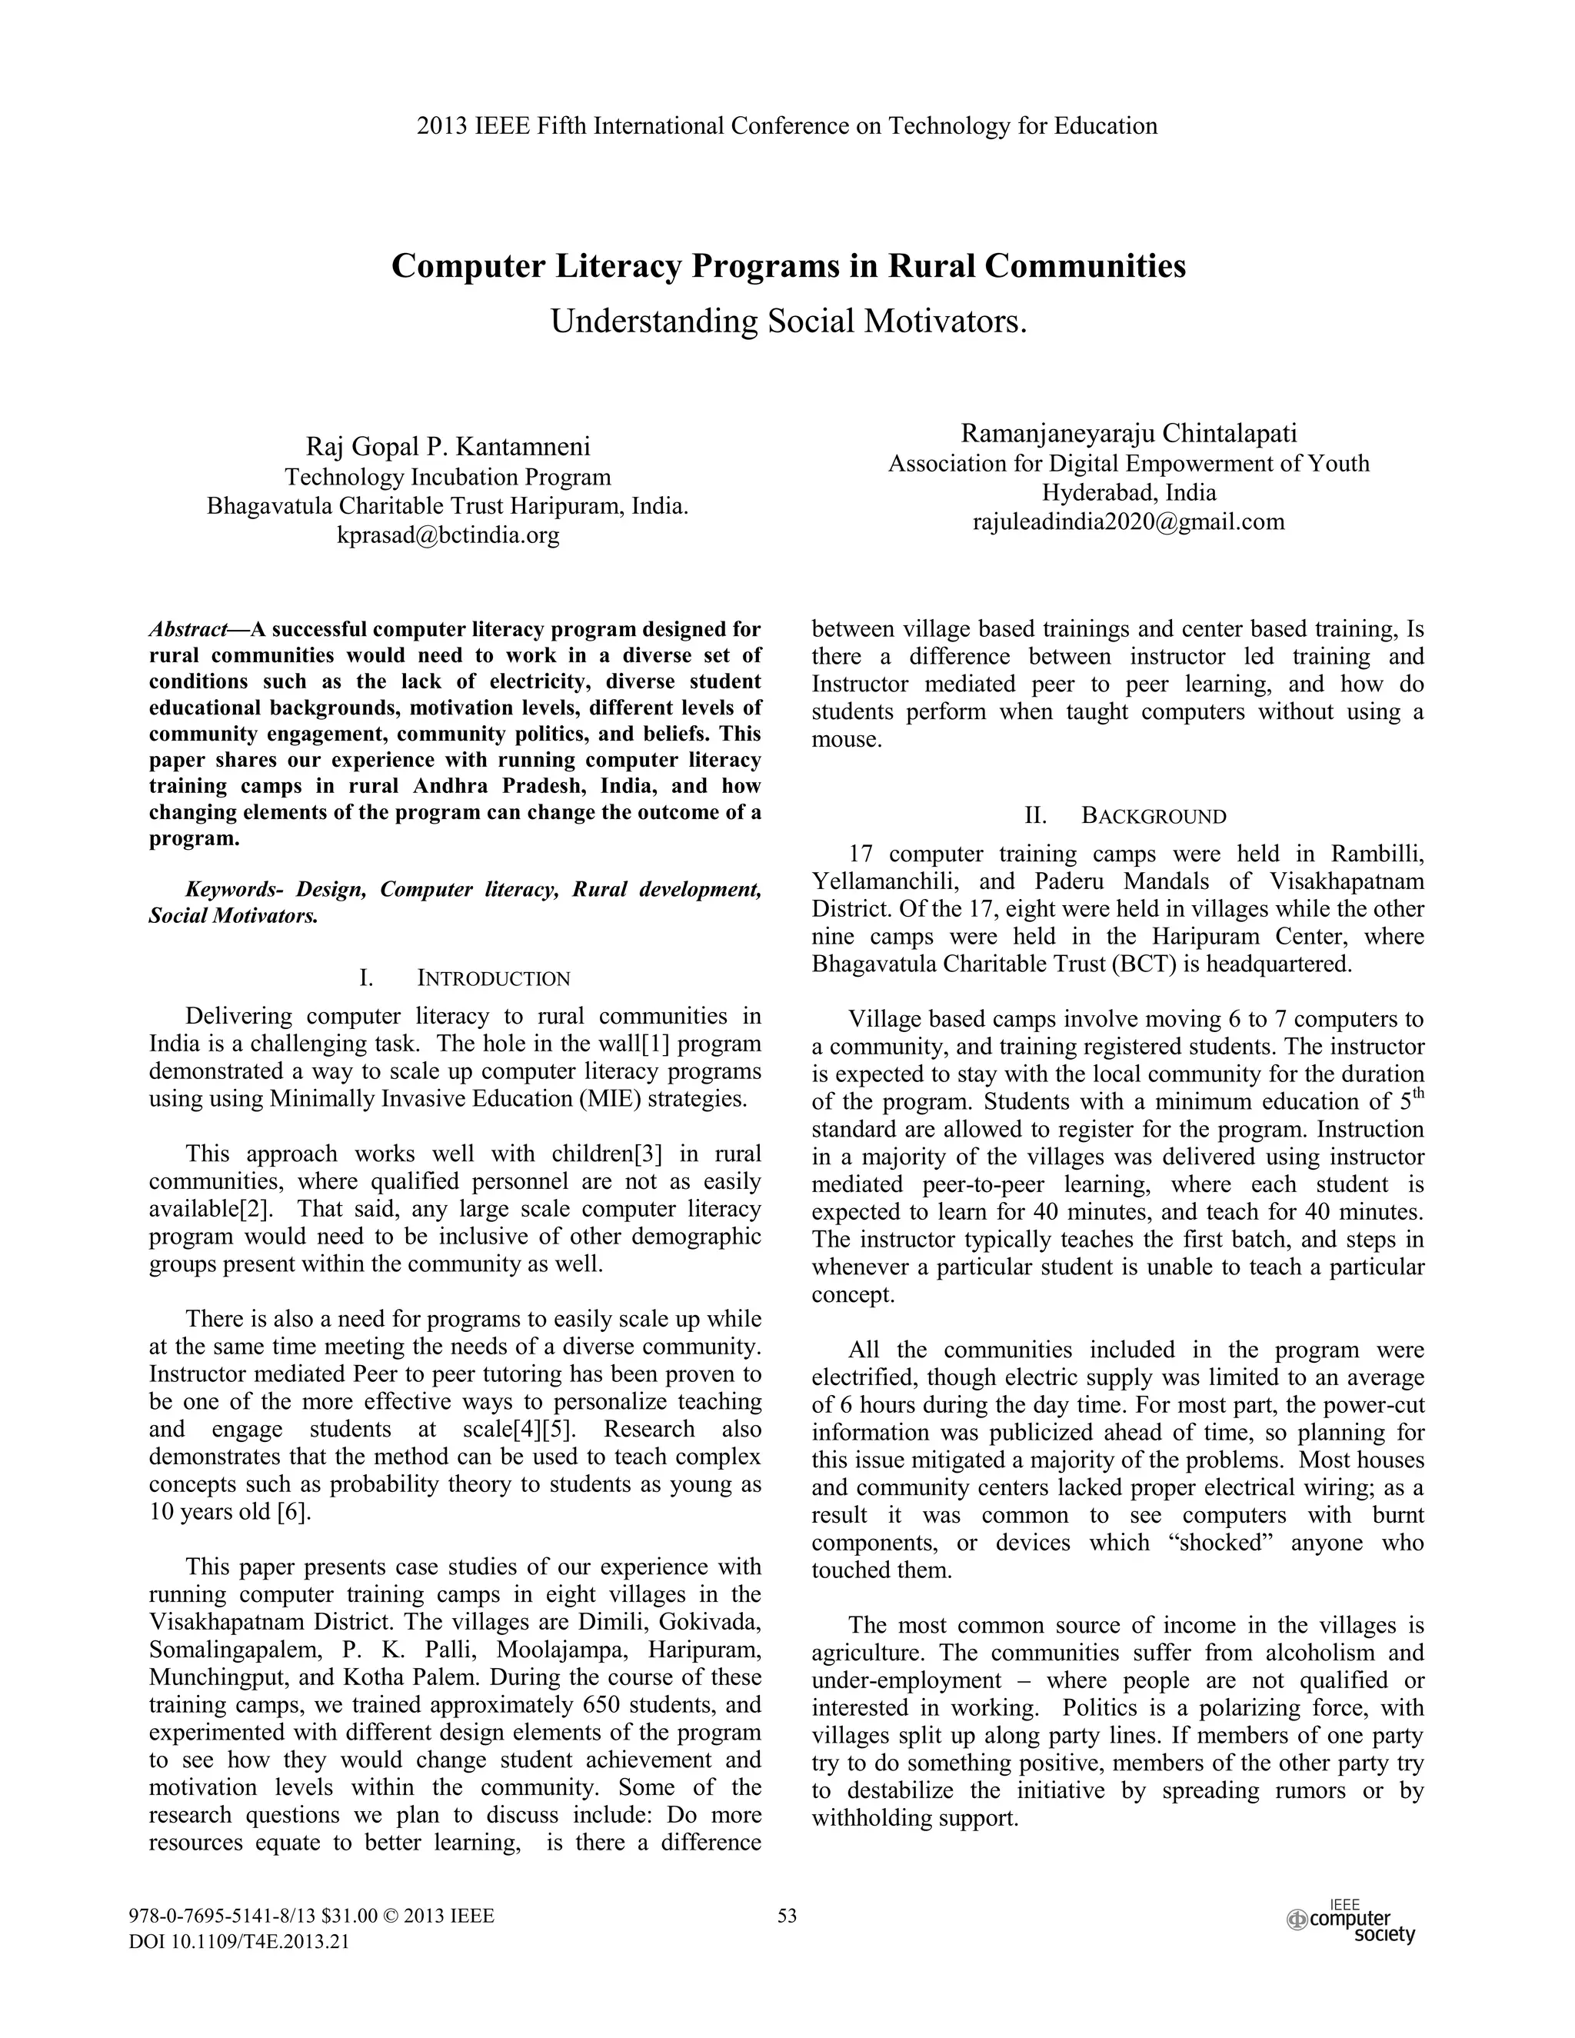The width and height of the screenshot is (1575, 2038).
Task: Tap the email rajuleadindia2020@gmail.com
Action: click(x=1128, y=522)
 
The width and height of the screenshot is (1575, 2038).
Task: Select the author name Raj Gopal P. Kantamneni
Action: click(x=448, y=447)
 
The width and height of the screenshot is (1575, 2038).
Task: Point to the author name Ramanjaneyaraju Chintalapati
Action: click(x=1128, y=434)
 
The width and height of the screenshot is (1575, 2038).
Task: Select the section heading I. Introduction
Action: click(x=465, y=979)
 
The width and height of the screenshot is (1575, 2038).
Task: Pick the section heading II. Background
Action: click(x=1125, y=817)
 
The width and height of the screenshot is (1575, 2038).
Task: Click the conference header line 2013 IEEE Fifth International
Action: click(x=787, y=126)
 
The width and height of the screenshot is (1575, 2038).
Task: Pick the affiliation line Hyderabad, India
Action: click(x=1128, y=493)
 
